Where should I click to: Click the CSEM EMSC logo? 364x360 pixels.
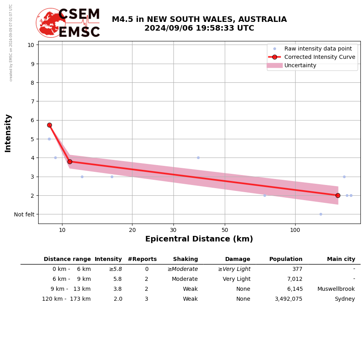(x=68, y=23)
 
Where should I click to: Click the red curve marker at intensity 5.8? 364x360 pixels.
(x=49, y=125)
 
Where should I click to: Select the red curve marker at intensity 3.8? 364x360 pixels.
(x=70, y=162)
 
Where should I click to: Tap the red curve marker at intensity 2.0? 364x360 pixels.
(x=338, y=195)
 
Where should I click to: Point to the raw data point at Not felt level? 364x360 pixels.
(x=321, y=214)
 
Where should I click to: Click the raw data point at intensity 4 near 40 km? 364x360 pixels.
(x=198, y=158)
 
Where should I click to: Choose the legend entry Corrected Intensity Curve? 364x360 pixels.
(x=319, y=57)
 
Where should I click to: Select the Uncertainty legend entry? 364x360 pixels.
(x=300, y=65)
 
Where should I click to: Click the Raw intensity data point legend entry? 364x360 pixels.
(x=318, y=49)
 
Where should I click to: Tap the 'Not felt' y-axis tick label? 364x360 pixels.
(x=24, y=214)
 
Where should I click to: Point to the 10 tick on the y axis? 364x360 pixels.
(x=31, y=45)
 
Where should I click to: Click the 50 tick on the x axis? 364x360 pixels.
(x=225, y=230)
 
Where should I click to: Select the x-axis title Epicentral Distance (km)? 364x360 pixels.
(x=199, y=239)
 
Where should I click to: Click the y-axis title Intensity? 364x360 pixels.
(x=8, y=133)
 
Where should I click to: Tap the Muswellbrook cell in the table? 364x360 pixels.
(x=336, y=289)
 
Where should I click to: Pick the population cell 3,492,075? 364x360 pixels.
(x=288, y=299)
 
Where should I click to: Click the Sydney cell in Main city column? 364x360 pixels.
(x=345, y=299)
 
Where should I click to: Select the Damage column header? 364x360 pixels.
(x=237, y=259)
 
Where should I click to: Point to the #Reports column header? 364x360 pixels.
(x=142, y=259)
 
